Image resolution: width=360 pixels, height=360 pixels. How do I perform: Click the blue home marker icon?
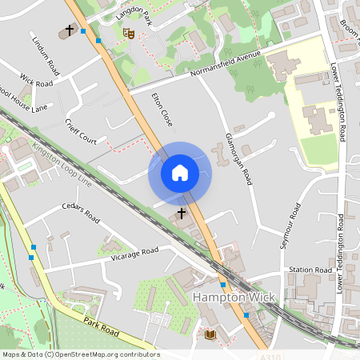(x=179, y=172)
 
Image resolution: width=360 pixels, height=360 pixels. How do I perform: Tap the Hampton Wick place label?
(x=234, y=298)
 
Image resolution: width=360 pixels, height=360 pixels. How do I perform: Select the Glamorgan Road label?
(x=238, y=159)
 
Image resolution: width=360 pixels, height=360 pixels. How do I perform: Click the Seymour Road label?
(x=290, y=226)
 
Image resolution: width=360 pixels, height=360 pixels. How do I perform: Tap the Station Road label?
(x=310, y=270)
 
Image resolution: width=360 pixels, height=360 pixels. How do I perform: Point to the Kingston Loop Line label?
(x=62, y=165)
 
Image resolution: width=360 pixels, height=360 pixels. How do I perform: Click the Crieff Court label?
(x=81, y=132)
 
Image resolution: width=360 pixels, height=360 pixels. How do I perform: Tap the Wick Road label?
(x=36, y=82)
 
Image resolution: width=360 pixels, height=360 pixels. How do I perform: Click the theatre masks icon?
(x=127, y=34)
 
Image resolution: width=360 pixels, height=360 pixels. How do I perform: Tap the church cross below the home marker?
(x=182, y=214)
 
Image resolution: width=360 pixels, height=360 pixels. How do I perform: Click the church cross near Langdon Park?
(x=70, y=30)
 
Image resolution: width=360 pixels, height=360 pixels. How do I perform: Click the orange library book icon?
(x=210, y=334)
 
